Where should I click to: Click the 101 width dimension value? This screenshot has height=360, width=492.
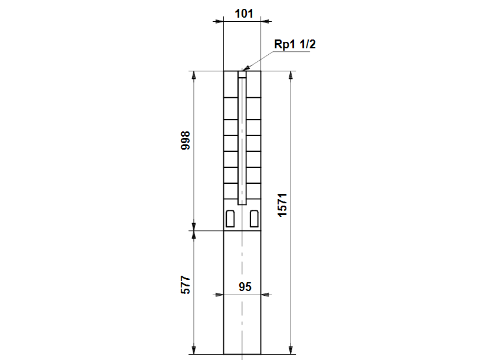click(244, 14)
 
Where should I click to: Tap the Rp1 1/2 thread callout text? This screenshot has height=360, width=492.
click(295, 44)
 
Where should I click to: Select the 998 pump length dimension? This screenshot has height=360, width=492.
click(186, 141)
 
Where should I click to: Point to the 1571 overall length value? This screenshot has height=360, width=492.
click(282, 205)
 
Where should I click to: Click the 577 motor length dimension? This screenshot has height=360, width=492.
click(186, 285)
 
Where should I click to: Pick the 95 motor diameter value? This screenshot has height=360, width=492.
click(245, 287)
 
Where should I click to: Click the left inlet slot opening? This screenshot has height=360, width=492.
click(230, 219)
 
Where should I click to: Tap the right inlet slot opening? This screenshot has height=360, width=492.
click(254, 219)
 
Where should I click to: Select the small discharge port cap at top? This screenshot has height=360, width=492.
click(242, 74)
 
